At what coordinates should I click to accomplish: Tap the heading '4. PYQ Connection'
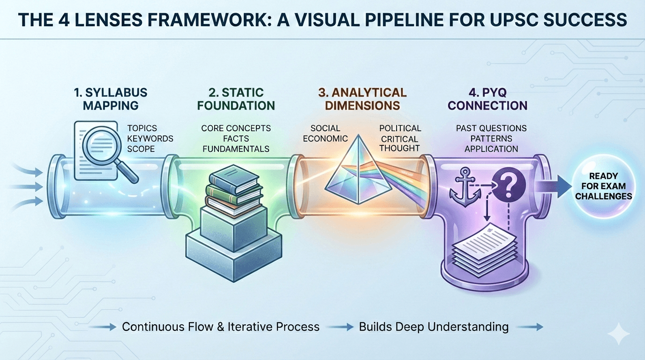coord(487,98)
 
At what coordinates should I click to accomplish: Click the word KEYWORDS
coord(150,139)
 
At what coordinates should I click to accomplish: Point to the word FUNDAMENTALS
coord(236,149)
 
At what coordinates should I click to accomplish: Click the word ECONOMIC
coord(325,139)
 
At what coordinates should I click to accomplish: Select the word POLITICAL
coord(400,128)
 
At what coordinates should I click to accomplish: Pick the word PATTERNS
coord(491,139)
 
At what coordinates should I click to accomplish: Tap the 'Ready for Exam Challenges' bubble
coord(603,186)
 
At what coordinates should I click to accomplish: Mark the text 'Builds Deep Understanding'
coord(434,327)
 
